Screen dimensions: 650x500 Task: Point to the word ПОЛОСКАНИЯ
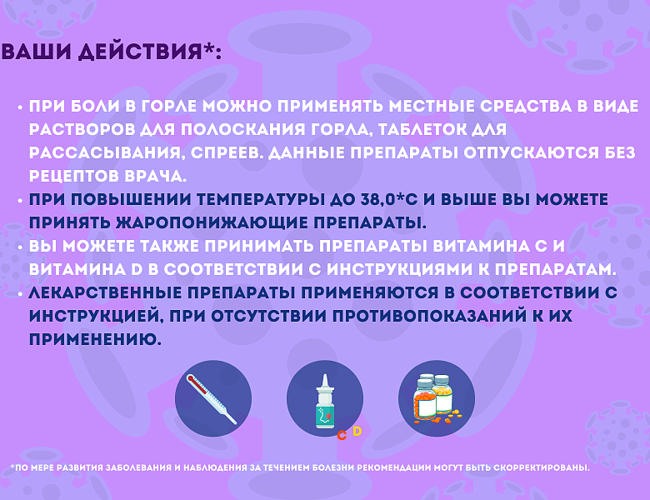click(x=243, y=130)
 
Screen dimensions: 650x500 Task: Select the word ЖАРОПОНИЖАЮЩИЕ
click(x=212, y=223)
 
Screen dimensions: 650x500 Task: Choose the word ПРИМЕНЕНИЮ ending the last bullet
click(x=95, y=340)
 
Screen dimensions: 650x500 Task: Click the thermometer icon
click(x=213, y=398)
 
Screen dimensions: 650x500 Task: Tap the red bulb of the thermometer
click(x=192, y=379)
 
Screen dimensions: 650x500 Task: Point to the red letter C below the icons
click(x=342, y=435)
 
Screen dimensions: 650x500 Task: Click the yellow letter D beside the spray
click(x=357, y=431)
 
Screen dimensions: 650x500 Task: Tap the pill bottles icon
click(x=437, y=398)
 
